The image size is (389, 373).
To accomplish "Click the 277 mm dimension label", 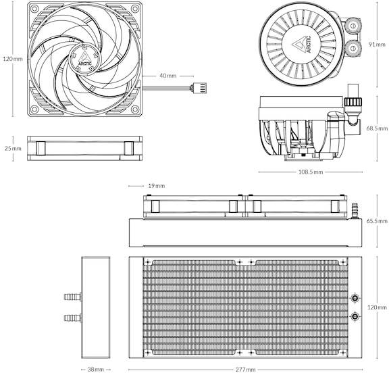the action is [x=245, y=370].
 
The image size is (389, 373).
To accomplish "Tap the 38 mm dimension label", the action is [x=96, y=370].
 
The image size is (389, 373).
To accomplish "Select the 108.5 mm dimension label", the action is [x=311, y=172].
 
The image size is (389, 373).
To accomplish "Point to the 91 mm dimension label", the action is [x=377, y=45].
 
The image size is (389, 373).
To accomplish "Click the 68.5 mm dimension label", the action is [x=377, y=128].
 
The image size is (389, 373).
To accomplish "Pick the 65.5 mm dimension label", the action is [x=377, y=220].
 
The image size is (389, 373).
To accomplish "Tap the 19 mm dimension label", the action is [x=157, y=186].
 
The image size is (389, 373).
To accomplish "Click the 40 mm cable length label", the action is [x=168, y=76].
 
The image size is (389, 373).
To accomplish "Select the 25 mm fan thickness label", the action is [x=13, y=149].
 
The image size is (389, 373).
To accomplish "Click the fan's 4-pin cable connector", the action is [x=199, y=88].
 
